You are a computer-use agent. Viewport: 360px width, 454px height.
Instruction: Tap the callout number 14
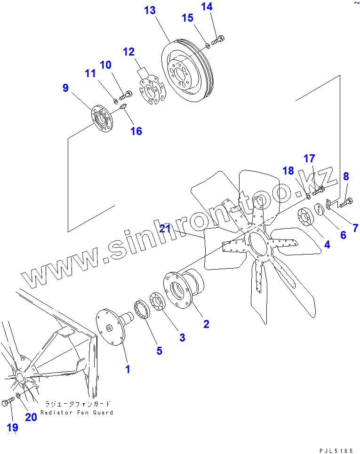coord(207,7)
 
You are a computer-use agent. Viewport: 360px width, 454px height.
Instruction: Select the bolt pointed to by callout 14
coord(217,41)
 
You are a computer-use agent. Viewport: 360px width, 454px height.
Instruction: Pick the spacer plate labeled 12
coord(152,90)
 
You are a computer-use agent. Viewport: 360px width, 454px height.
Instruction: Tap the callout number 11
coord(90,73)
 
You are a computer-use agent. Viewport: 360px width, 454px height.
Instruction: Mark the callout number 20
coord(31,417)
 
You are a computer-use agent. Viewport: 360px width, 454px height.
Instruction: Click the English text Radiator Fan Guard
coord(77,413)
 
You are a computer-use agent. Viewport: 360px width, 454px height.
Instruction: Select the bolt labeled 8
coord(345,203)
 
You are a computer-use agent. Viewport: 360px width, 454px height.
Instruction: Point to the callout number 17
coord(309,159)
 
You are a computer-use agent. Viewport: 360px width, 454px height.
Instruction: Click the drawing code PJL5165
coord(336,451)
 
